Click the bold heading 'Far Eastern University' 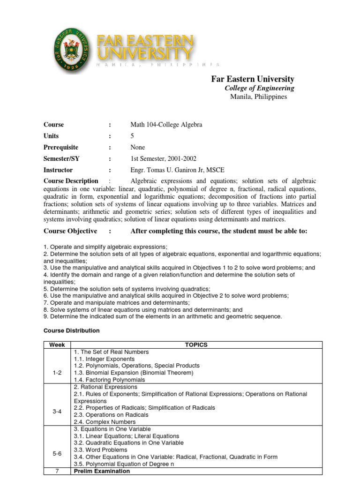(253, 79)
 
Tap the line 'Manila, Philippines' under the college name (258, 97)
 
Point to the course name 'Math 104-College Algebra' (166, 125)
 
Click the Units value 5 (132, 136)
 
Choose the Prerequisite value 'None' (138, 147)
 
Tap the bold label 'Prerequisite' (61, 147)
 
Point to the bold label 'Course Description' (71, 181)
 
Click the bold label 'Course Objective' (70, 231)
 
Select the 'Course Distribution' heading (72, 330)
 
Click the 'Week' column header (57, 345)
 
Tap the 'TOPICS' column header (196, 345)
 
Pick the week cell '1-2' (57, 373)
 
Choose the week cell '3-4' (57, 411)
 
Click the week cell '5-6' (57, 454)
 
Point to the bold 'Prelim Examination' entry (102, 471)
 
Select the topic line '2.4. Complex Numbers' (104, 422)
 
